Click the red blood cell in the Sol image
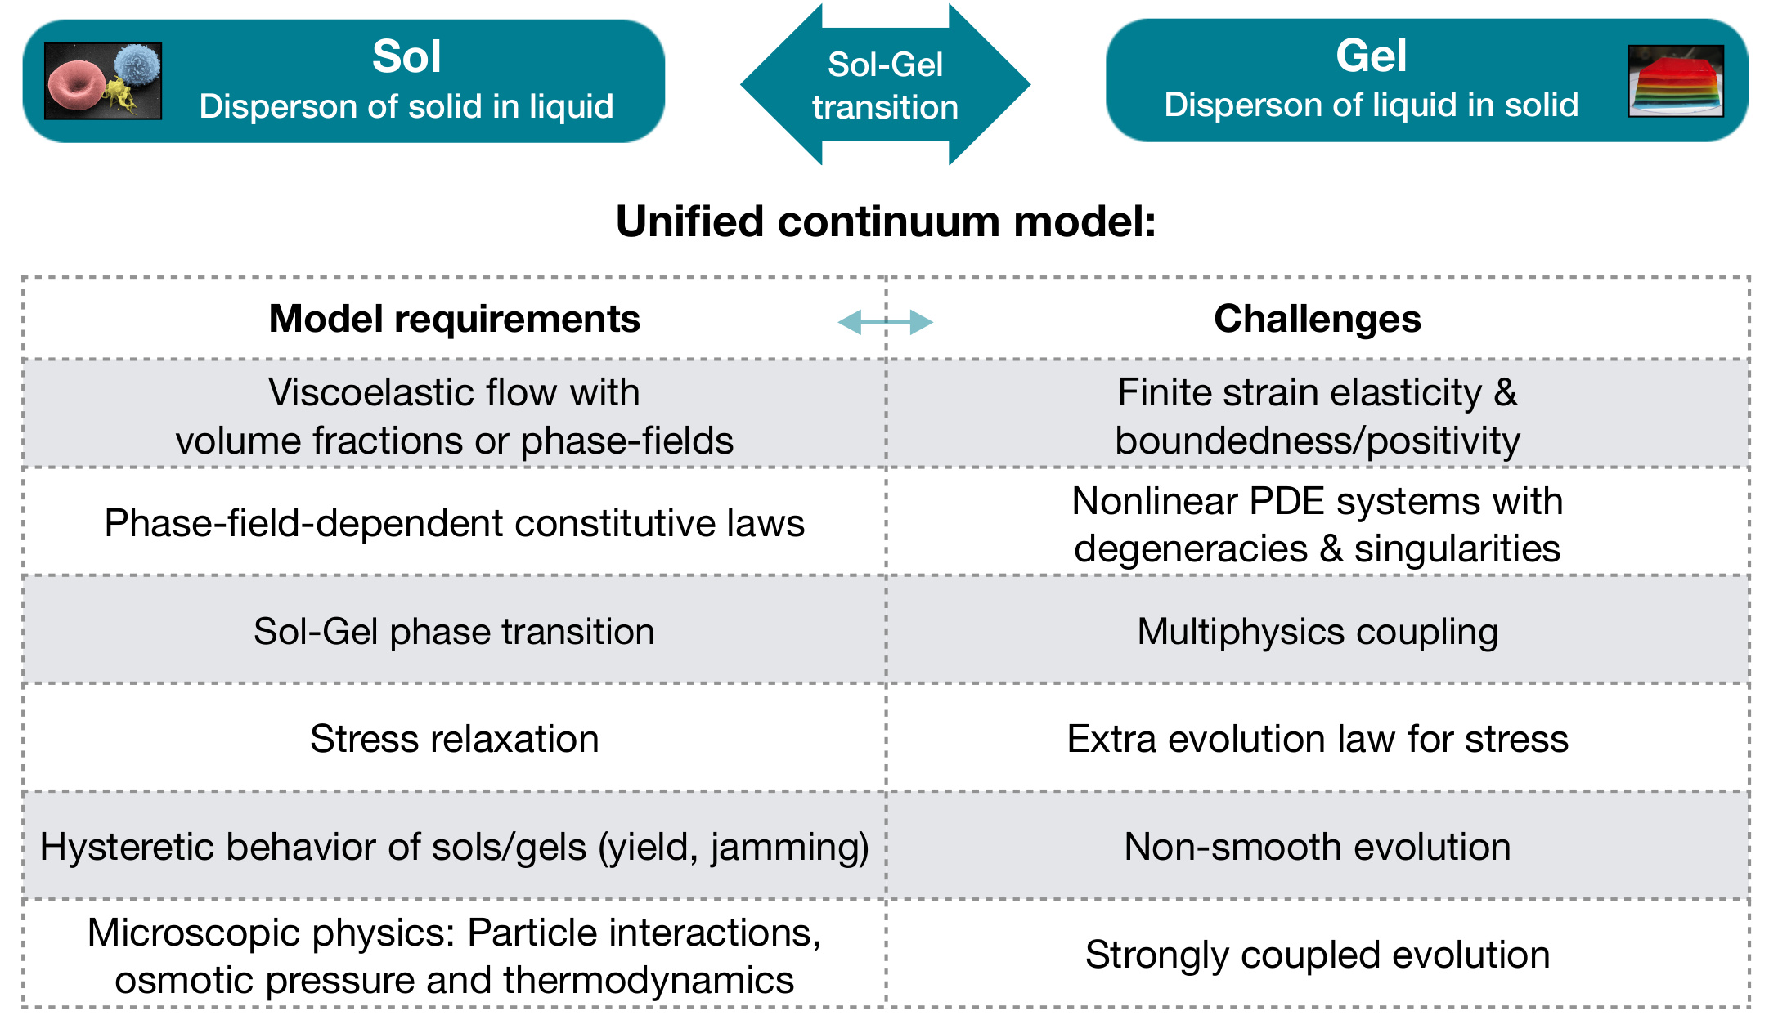point(75,87)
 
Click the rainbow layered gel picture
point(1676,80)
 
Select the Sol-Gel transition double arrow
point(885,84)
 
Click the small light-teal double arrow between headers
point(886,322)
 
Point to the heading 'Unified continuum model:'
point(886,221)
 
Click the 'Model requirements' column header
point(455,319)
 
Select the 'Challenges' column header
point(1318,319)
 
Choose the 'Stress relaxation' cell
point(455,739)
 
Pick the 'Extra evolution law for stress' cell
point(1318,739)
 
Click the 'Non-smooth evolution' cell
point(1318,847)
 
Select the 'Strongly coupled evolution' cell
point(1318,955)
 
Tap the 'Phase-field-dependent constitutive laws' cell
point(455,523)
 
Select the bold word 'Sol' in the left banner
point(406,56)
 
